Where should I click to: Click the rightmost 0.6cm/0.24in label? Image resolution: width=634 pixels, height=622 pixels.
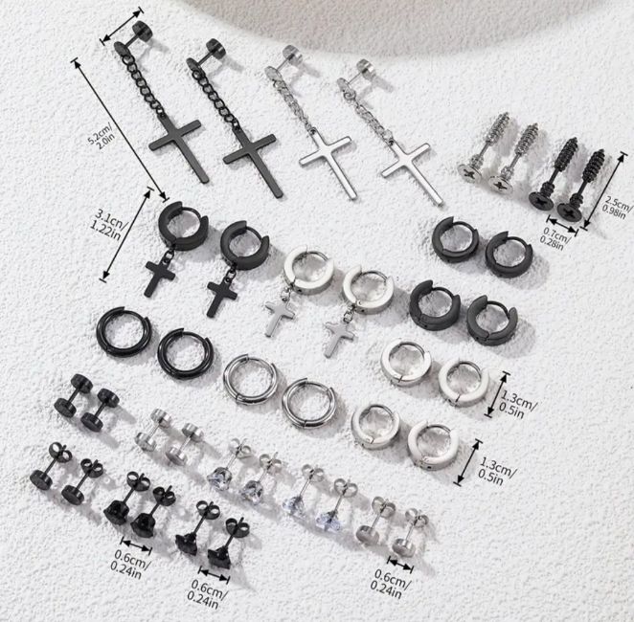[x=389, y=583]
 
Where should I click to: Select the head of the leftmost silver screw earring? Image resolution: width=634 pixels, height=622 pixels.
[x=469, y=173]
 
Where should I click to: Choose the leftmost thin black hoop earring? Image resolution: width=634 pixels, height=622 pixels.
[x=124, y=332]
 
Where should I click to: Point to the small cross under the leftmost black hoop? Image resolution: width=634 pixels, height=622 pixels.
[x=160, y=277]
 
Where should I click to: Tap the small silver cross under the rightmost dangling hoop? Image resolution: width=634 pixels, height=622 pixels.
[x=340, y=338]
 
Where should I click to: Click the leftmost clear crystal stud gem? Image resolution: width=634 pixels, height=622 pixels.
[x=218, y=479]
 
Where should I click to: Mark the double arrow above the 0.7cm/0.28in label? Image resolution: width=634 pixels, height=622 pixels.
[x=562, y=225]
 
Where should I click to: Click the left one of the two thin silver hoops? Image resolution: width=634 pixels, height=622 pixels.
[x=250, y=380]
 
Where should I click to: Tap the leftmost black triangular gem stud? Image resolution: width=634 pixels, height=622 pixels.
[x=117, y=513]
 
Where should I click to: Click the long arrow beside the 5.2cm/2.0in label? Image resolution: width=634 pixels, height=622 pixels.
[x=120, y=129]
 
